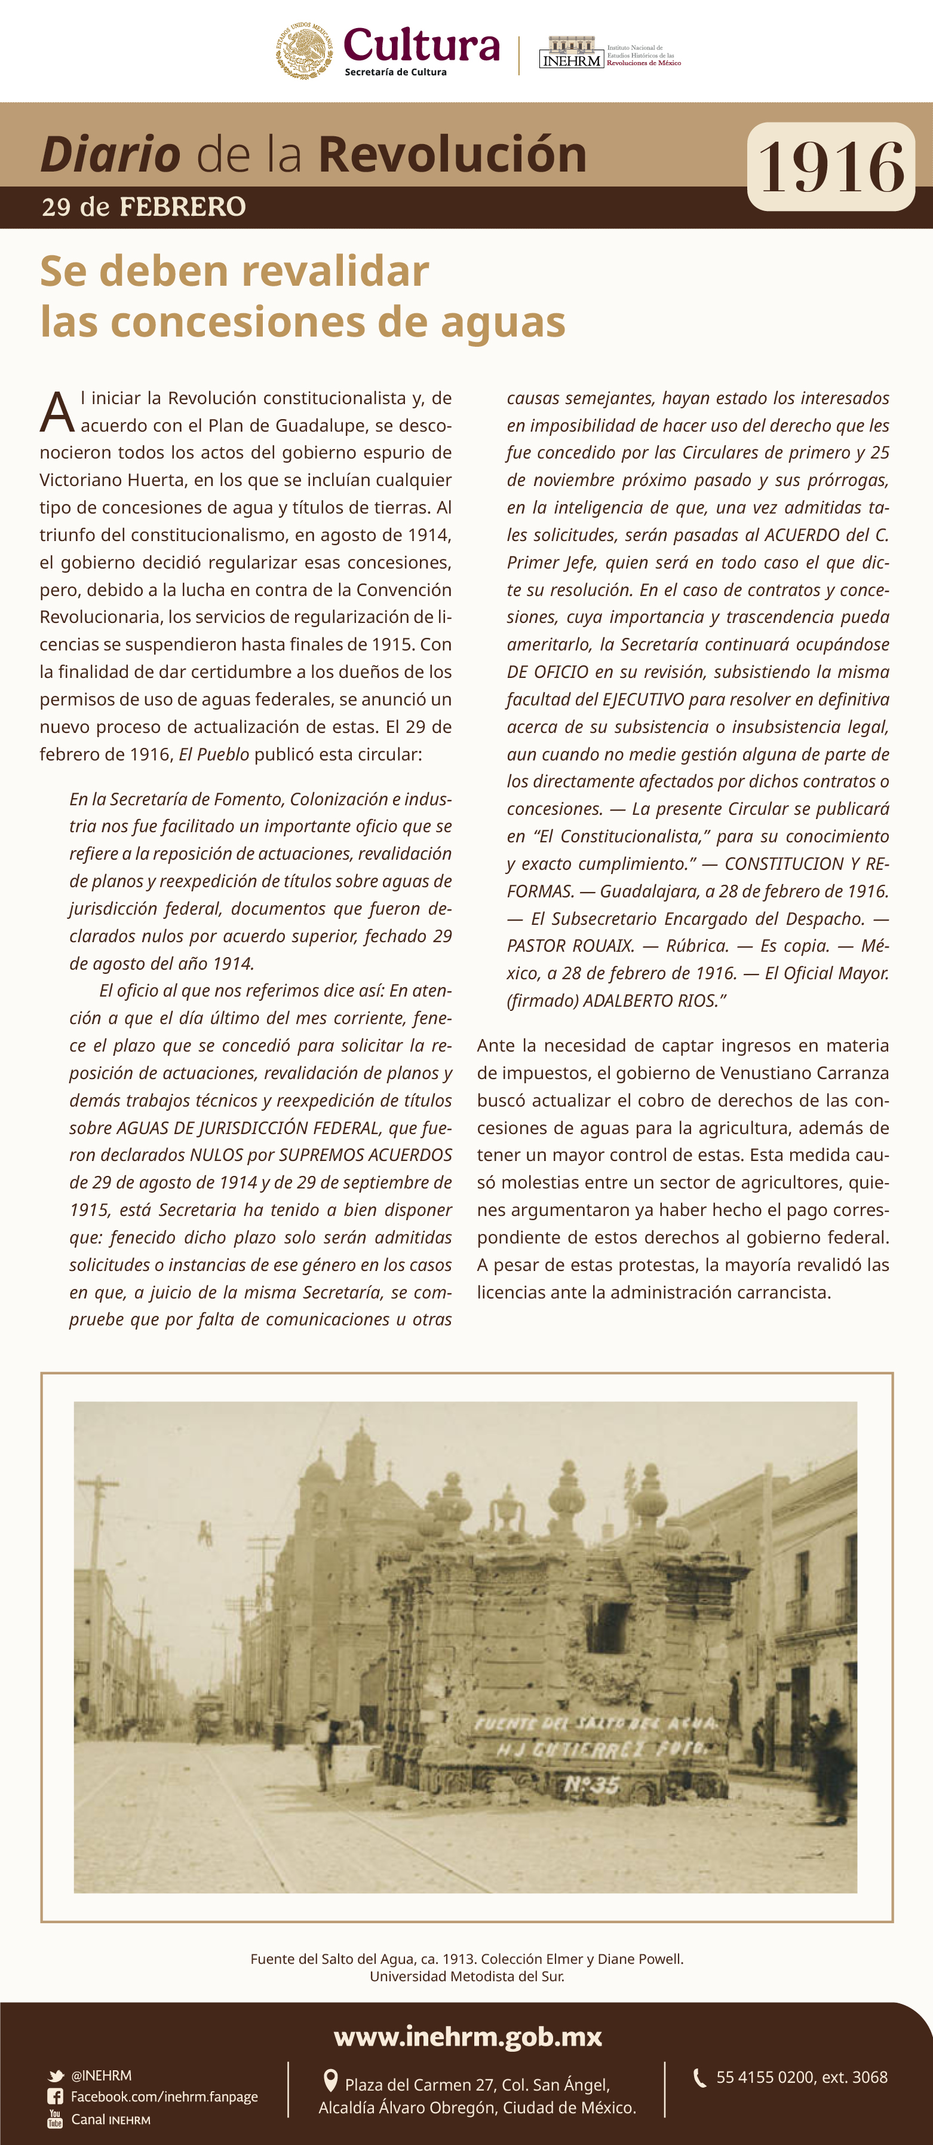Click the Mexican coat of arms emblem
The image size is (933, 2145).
[305, 51]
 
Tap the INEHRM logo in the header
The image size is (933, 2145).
[571, 53]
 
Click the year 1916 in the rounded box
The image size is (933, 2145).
[831, 167]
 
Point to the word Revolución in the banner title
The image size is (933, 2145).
[452, 154]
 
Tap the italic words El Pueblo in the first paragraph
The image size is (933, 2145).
[214, 754]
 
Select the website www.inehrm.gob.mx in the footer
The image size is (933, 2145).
[467, 2037]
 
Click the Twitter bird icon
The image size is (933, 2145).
[56, 2076]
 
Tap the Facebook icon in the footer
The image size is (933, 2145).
[56, 2097]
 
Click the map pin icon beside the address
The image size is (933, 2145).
[330, 2081]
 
